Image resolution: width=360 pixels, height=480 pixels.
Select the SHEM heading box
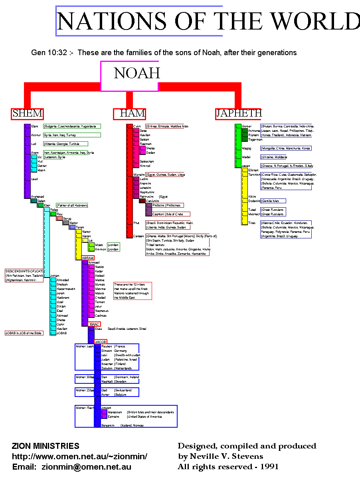tap(27, 114)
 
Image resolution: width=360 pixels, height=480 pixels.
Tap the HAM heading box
tap(129, 114)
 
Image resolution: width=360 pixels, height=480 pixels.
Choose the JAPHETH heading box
tap(239, 114)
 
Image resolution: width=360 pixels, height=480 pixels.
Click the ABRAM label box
tap(88, 258)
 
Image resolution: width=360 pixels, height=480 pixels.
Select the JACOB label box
tap(101, 342)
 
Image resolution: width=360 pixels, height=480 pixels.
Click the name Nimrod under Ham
tap(145, 166)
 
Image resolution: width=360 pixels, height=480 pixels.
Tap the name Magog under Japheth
tap(247, 148)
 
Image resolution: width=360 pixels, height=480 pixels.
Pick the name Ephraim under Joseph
tap(114, 417)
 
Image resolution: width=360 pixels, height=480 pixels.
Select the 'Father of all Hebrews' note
tap(72, 205)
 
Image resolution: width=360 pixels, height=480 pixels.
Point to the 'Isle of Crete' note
tap(174, 214)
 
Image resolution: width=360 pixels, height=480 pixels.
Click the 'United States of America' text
tap(144, 417)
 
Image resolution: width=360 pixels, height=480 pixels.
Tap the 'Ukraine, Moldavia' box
tap(273, 157)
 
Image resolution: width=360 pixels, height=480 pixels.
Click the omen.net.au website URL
tap(80, 456)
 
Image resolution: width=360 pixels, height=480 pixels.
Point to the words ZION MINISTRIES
tap(45, 446)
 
